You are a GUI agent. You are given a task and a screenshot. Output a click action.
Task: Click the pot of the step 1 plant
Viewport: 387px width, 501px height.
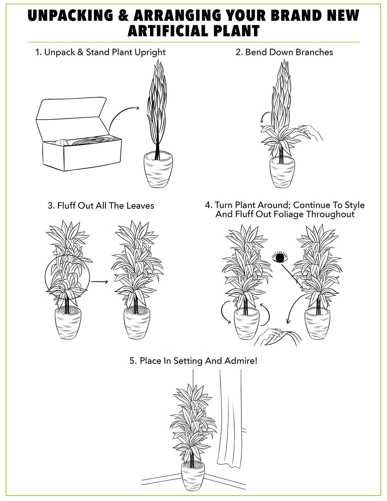[158, 170]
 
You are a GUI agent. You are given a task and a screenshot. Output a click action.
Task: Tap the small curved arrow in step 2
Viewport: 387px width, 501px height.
[264, 117]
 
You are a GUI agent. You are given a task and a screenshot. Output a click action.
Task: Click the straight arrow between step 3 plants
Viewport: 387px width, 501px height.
[100, 281]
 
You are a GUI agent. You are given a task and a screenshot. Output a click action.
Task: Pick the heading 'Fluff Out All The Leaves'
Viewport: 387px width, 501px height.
[105, 206]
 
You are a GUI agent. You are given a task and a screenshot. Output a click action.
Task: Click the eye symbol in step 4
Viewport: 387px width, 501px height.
[280, 257]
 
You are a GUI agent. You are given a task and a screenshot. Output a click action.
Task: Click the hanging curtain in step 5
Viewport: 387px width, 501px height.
[230, 418]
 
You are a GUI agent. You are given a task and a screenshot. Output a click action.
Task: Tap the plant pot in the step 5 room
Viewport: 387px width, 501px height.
[192, 478]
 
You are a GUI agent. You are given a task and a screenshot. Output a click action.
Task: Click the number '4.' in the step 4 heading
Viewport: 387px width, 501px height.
[209, 205]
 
